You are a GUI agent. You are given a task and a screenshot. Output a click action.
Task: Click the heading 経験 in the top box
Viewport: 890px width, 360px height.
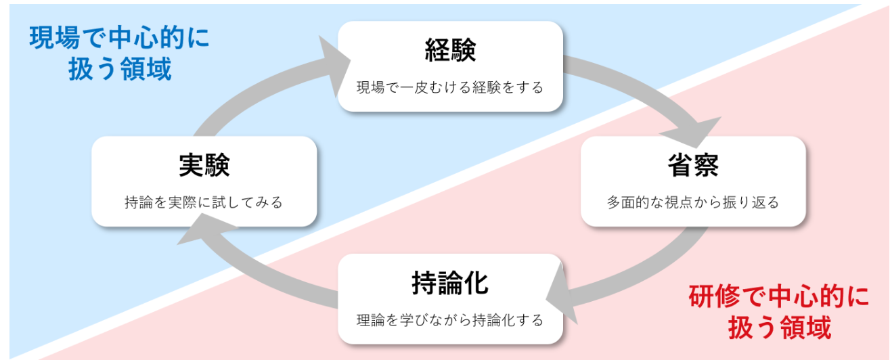point(450,51)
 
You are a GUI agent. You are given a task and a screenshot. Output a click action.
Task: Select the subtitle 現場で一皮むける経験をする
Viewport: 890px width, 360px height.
point(450,88)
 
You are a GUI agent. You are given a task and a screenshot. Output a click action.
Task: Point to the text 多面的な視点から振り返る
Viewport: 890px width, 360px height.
point(693,202)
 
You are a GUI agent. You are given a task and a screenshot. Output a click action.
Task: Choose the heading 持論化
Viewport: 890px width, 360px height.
point(450,284)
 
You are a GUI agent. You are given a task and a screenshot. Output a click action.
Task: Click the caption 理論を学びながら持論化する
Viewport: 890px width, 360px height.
point(450,320)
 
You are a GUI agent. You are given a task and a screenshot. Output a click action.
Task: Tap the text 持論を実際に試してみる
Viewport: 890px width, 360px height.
point(204,202)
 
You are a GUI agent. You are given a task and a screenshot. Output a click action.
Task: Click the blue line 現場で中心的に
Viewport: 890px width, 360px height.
point(119,39)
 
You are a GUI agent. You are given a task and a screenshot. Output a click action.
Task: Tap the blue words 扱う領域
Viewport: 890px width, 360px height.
point(119,70)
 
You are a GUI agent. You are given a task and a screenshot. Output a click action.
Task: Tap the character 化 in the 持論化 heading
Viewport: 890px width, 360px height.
point(475,284)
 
